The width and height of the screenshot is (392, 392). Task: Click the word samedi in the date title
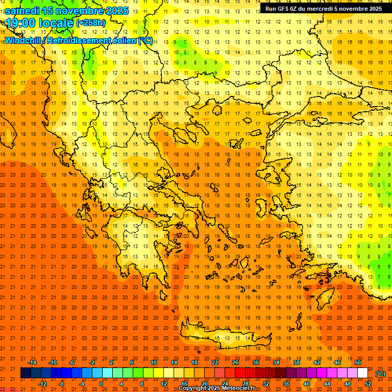coord(22,11)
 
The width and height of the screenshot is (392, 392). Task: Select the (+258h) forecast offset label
coord(91,23)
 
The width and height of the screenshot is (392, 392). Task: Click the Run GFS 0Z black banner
coord(324,9)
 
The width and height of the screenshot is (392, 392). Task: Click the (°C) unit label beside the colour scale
coord(380,374)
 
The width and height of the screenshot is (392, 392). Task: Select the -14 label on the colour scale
coord(32,362)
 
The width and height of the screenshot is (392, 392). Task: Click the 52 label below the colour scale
coord(367,384)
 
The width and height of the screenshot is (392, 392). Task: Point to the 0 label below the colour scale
coord(101,384)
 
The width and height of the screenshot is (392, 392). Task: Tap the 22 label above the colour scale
coord(215,362)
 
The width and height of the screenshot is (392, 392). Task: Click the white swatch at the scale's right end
coord(362,373)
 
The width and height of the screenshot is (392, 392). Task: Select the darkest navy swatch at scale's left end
coord(26,373)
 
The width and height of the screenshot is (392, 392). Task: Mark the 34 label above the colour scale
coord(275,362)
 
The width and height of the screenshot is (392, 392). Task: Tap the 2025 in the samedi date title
coord(114,11)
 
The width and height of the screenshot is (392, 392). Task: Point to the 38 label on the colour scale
coord(296,362)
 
